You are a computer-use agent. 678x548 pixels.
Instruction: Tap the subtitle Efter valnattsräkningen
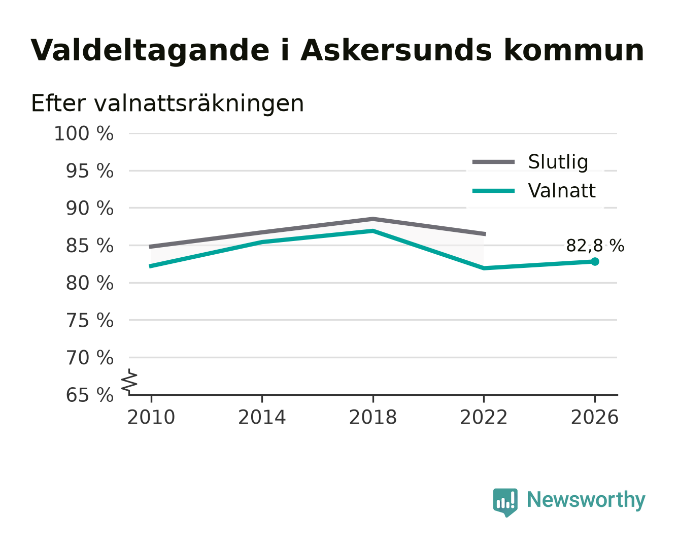click(x=167, y=104)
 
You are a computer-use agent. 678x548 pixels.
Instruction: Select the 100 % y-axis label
click(x=84, y=133)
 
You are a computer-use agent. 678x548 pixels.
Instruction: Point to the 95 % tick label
click(x=89, y=171)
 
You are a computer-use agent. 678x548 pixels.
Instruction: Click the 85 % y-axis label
click(x=89, y=246)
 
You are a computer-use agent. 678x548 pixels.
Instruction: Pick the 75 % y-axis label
click(x=89, y=320)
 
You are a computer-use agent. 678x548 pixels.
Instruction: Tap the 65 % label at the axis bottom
click(x=89, y=395)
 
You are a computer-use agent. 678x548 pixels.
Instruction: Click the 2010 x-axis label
click(x=151, y=417)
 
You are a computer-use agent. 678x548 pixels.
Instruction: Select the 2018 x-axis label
click(x=372, y=417)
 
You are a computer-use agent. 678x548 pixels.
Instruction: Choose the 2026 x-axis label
click(x=595, y=417)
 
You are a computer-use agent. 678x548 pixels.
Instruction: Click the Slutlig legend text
click(x=558, y=162)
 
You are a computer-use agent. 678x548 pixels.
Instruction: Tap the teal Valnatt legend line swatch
click(x=493, y=191)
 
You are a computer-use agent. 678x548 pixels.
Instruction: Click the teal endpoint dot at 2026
click(x=595, y=262)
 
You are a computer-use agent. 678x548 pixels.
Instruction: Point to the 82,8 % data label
click(x=595, y=246)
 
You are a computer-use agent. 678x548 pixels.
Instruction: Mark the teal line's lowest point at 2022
click(x=484, y=268)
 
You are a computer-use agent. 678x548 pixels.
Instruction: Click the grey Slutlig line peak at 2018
click(x=372, y=219)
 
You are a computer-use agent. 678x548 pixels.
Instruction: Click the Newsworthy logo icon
click(x=505, y=503)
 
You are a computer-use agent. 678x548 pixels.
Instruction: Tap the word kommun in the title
click(x=574, y=51)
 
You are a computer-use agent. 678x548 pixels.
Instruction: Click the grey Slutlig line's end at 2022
click(x=485, y=234)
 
